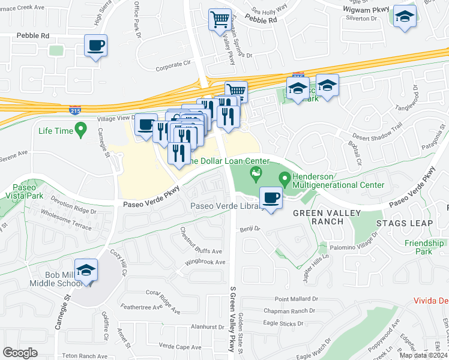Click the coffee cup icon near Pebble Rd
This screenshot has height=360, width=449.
click(x=95, y=46)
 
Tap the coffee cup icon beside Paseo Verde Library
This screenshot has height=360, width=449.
click(x=271, y=198)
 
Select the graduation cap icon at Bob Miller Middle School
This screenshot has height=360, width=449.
click(x=86, y=270)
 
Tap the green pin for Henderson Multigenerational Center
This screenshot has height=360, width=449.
click(x=285, y=179)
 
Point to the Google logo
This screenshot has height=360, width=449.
click(x=20, y=353)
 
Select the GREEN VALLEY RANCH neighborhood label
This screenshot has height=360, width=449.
click(x=327, y=217)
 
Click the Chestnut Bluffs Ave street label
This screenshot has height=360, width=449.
click(x=201, y=240)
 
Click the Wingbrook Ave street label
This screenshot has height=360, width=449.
click(x=205, y=262)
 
